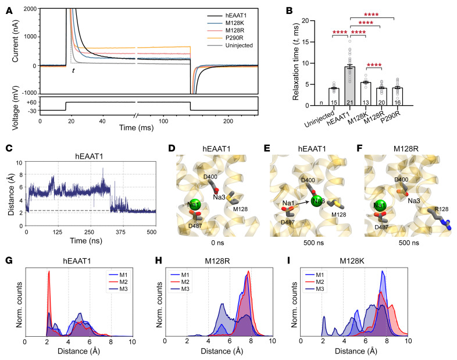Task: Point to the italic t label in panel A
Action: point(73,70)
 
